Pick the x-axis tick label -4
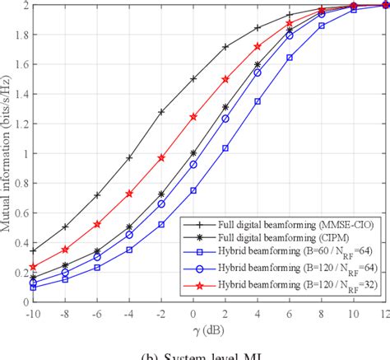[x=128, y=314]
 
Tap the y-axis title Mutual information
[x=7, y=153]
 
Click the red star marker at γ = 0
[x=193, y=117]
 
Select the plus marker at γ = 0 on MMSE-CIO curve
[x=193, y=79]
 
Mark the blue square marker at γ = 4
[x=258, y=101]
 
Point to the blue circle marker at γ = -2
[x=161, y=204]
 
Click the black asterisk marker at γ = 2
[x=225, y=107]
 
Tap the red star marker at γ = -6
[x=97, y=224]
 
